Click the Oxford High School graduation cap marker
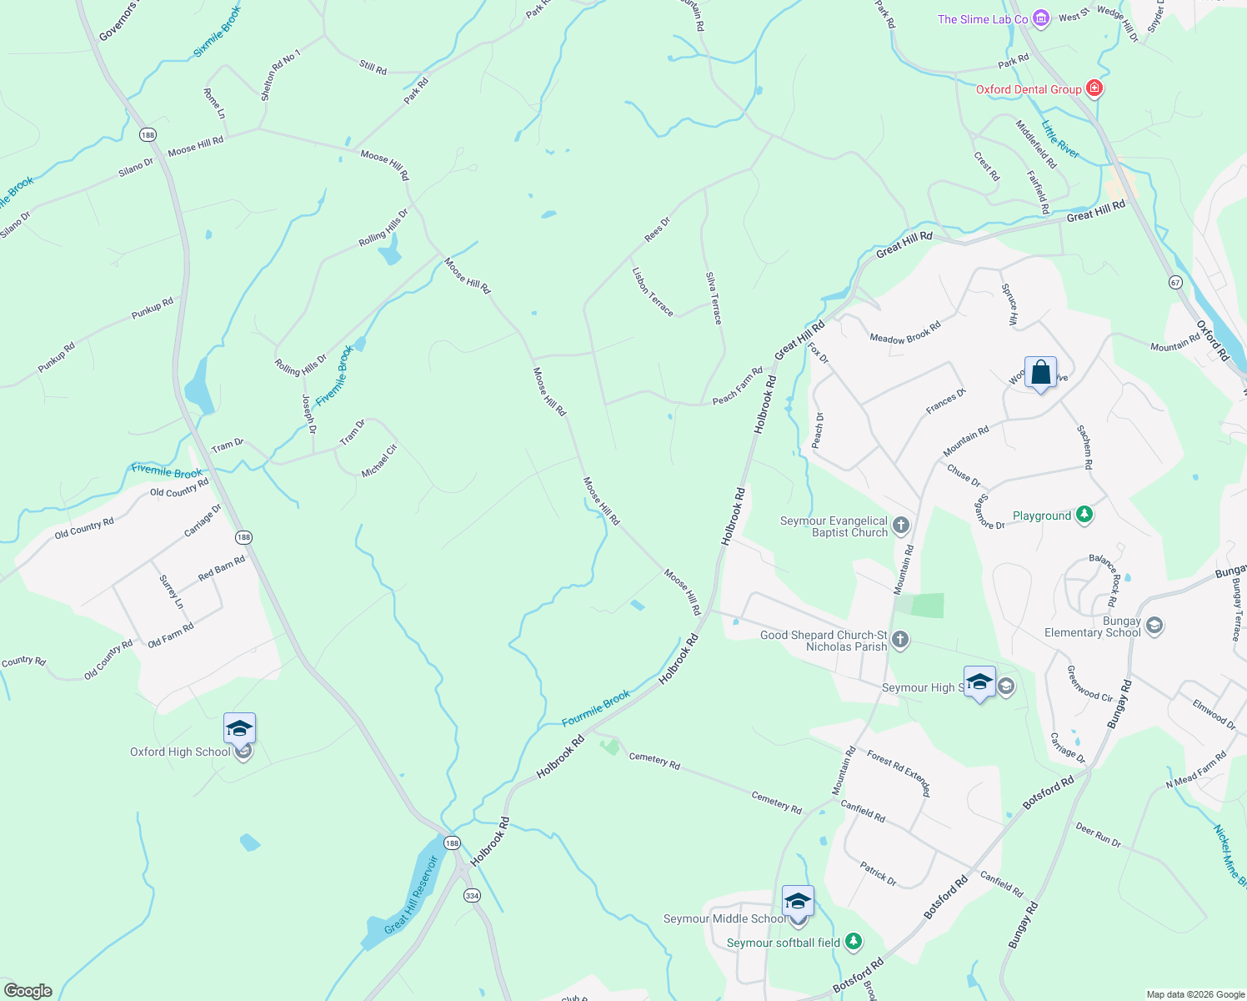point(239,729)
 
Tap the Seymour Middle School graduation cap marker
point(798,902)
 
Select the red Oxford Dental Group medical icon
point(1094,88)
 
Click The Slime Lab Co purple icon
point(1040,18)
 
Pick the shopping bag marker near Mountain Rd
point(1041,372)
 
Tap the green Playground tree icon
point(1084,515)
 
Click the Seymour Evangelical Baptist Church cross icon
point(900,526)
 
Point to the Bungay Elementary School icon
point(1154,626)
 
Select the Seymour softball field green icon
point(853,942)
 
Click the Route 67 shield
point(1175,283)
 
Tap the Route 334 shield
point(472,895)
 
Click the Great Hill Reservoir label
point(411,895)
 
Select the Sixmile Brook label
point(217,32)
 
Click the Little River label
point(1060,139)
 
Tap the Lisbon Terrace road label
point(653,291)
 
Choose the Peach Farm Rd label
point(738,385)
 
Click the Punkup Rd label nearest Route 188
point(152,308)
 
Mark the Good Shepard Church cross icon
point(899,640)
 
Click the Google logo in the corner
point(28,991)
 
